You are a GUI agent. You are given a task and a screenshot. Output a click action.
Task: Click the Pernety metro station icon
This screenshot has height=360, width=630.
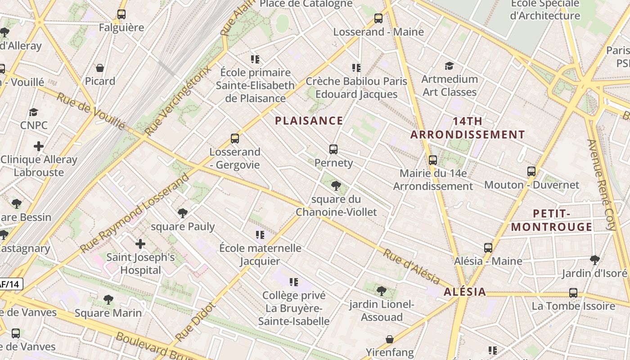coord(333,149)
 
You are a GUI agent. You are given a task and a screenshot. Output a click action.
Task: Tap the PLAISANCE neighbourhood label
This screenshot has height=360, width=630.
coord(309,121)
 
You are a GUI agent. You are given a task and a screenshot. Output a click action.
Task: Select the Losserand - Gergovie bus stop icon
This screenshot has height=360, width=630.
coord(234,139)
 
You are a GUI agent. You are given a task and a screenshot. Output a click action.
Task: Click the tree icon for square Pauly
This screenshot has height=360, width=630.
coord(182,213)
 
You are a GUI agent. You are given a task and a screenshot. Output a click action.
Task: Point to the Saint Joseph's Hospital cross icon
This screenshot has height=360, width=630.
coord(140,244)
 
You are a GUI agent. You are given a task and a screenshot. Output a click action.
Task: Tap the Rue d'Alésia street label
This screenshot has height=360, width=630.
coord(411,266)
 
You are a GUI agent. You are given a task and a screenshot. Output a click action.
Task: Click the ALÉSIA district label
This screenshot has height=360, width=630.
coord(465,292)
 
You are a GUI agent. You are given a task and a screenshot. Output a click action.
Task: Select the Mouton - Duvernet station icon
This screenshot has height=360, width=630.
coord(531,171)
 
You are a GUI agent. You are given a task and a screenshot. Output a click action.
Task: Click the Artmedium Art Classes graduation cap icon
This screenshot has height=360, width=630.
coord(449,66)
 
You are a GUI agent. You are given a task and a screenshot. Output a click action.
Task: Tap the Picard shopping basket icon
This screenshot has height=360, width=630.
coord(100,68)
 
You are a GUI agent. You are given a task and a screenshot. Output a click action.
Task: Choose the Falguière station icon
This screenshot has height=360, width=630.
coord(121,14)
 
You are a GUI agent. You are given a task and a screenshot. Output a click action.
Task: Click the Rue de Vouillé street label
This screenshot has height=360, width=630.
coord(90,110)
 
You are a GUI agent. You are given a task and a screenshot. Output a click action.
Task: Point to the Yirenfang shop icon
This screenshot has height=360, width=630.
coord(390,339)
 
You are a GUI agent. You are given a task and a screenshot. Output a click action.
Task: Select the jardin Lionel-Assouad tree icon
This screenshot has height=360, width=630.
coord(381,291)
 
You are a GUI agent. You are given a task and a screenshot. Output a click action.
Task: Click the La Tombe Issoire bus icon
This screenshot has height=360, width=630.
coord(573,293)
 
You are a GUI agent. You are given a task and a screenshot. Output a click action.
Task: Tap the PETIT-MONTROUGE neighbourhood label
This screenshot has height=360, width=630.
coord(552,220)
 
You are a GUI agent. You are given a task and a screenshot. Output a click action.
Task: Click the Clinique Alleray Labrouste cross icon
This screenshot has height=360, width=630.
coord(39,146)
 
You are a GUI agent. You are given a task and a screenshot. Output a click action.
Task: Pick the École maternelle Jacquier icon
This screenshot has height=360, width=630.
coord(260,234)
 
